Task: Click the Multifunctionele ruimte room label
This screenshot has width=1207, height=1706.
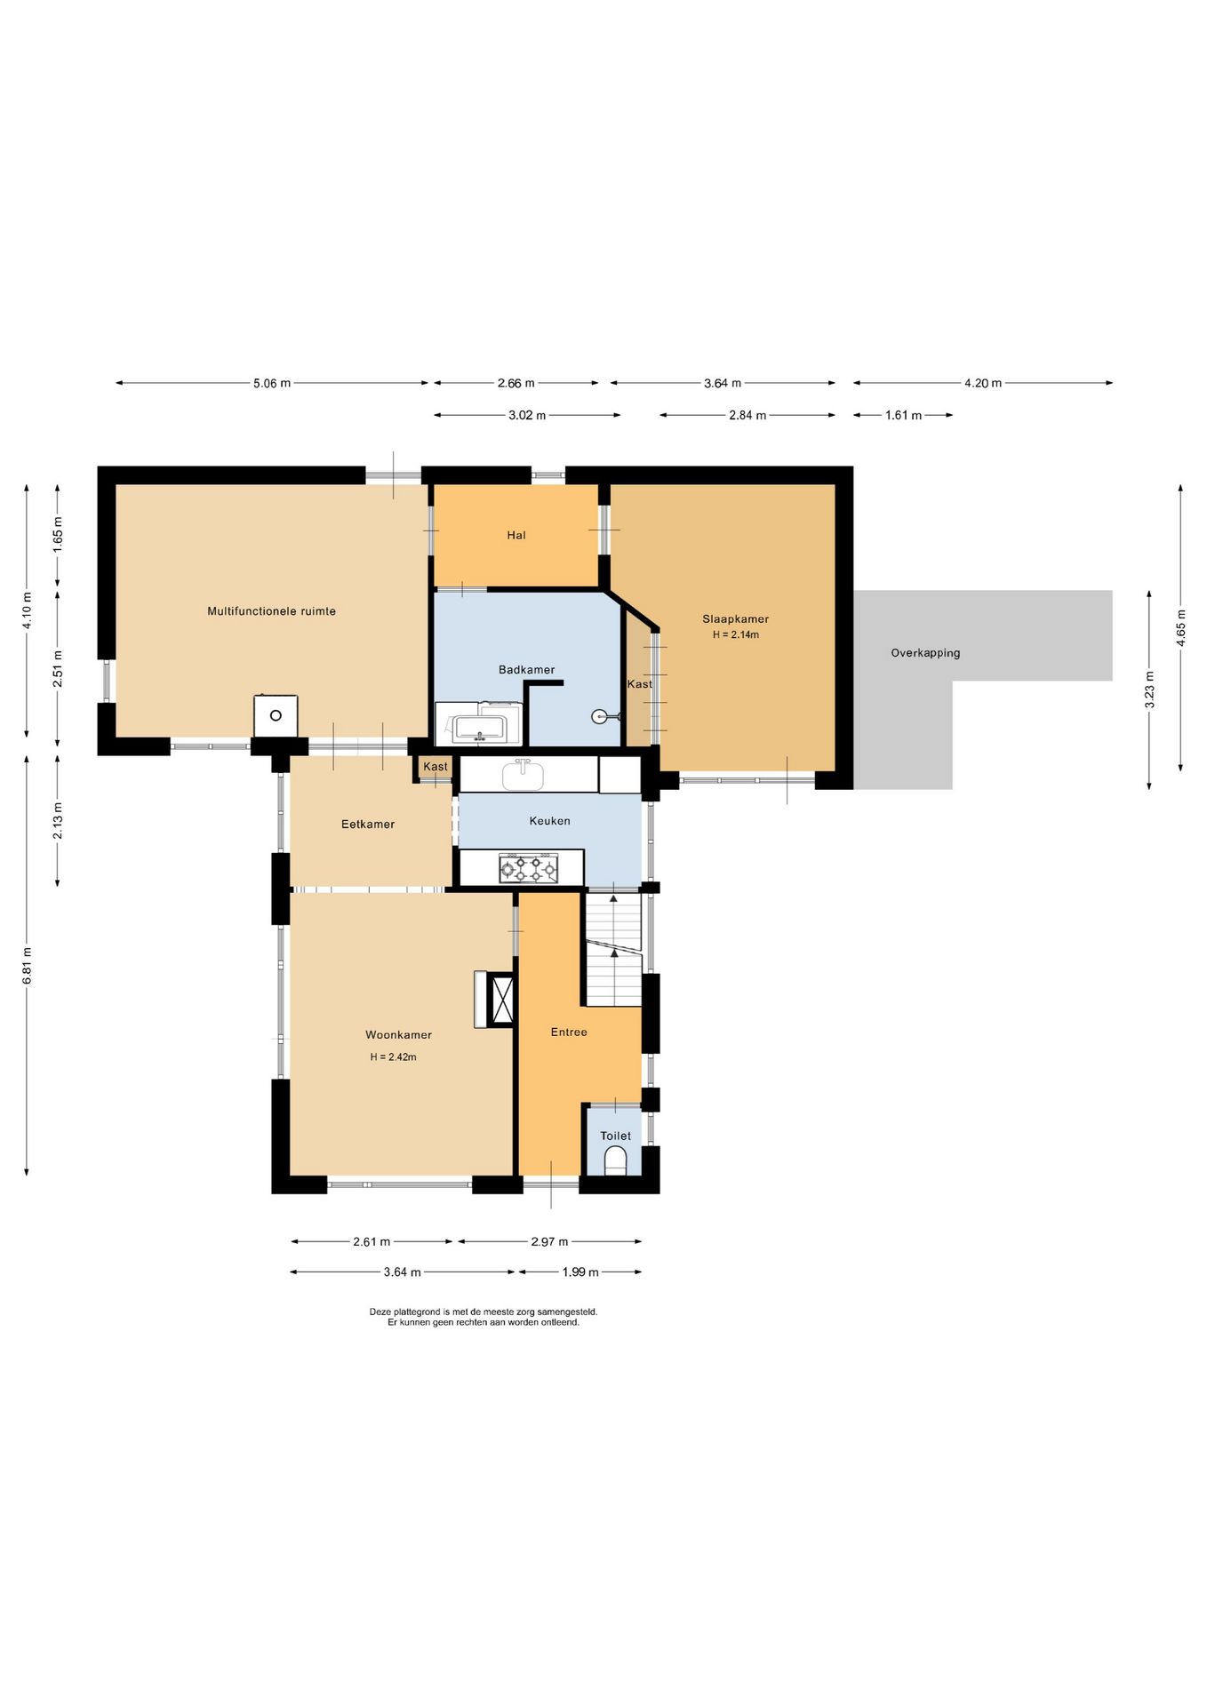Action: coord(271,611)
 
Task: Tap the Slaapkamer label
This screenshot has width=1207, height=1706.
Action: coord(735,619)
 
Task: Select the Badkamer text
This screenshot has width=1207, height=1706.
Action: coord(526,670)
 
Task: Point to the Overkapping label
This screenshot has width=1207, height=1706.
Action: coord(925,653)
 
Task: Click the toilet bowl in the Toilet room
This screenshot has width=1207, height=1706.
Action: coord(615,1160)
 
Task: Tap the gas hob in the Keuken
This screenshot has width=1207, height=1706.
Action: coord(528,868)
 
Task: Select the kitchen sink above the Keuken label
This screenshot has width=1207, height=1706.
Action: coord(523,775)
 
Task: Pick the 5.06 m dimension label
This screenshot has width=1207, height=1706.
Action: coord(272,384)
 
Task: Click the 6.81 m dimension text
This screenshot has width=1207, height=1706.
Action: coord(28,965)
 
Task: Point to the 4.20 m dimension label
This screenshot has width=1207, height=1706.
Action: coord(983,384)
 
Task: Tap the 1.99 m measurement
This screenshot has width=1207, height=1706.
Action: coord(580,1272)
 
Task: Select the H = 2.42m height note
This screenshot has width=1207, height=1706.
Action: coord(393,1057)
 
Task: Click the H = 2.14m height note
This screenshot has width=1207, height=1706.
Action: coord(735,635)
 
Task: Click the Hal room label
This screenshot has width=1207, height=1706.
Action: coord(516,536)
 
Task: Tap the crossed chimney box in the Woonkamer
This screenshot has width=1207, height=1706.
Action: coord(503,1000)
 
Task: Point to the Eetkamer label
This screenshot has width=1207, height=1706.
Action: coord(368,825)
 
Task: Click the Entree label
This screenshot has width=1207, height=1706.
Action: coord(569,1032)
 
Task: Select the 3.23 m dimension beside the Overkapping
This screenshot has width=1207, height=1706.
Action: coord(1150,690)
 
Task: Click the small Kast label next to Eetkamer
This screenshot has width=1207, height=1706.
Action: coord(436,767)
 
